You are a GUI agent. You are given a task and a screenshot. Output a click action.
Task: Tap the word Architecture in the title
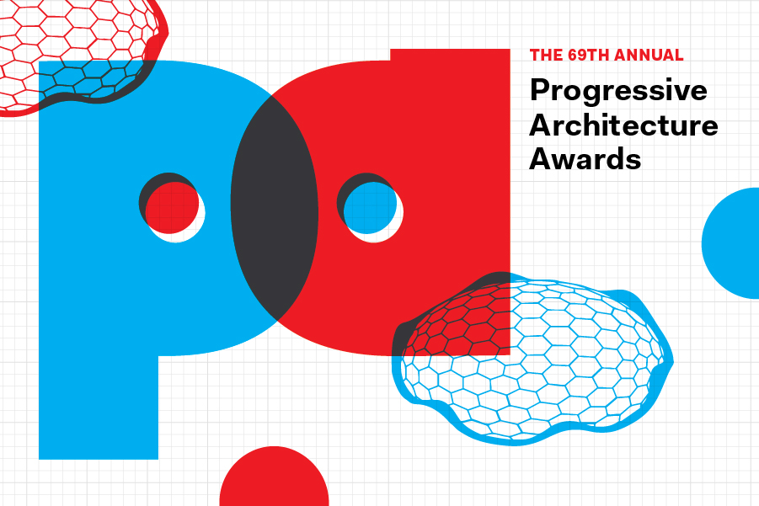pyautogui.click(x=623, y=125)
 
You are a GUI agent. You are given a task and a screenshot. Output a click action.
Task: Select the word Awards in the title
pyautogui.click(x=585, y=158)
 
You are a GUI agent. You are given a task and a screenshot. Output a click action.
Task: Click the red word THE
pyautogui.click(x=543, y=56)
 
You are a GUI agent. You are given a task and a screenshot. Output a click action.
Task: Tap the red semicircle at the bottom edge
pyautogui.click(x=274, y=480)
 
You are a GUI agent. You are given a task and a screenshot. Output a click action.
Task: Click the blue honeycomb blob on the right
pyautogui.click(x=548, y=379)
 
